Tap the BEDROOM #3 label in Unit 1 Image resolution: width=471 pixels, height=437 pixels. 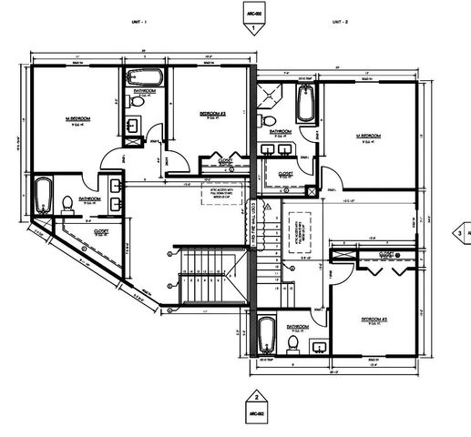(x=212, y=114)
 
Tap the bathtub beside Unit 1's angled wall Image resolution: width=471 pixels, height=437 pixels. (x=42, y=195)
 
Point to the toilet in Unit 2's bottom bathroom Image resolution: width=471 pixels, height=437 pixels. (x=292, y=340)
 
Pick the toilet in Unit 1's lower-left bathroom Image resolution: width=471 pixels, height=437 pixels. (x=68, y=204)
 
